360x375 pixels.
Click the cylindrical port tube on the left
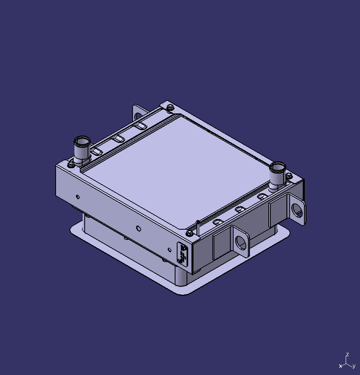81,149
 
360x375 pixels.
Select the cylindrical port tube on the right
277,174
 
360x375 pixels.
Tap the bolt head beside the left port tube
70,165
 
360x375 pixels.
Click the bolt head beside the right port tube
288,176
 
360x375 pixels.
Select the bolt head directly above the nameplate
189,233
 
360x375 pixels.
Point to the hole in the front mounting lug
241,242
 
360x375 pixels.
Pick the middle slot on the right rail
241,210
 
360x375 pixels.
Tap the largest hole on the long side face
139,228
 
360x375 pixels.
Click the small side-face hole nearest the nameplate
170,249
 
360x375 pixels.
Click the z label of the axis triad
347,355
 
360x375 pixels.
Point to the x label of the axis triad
340,366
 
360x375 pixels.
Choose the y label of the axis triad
353,366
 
